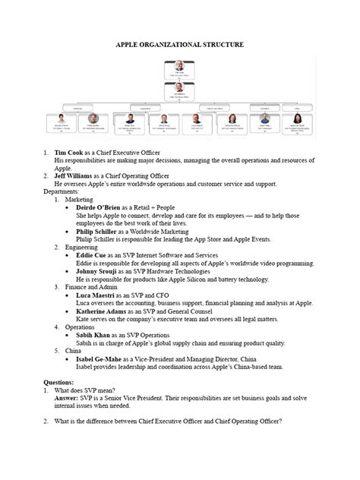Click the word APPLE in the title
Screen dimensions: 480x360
(x=131, y=45)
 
